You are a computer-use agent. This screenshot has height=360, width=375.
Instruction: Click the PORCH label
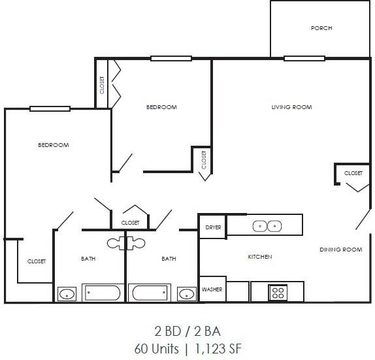tap(321, 28)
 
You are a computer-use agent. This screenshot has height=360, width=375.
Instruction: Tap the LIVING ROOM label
tap(292, 107)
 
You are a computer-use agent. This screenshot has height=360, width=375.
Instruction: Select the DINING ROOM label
tap(340, 250)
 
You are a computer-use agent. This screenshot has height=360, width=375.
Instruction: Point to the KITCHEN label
tap(259, 257)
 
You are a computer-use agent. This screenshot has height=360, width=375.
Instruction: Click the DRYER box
tap(213, 227)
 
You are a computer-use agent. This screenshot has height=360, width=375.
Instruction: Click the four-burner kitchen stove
tap(277, 292)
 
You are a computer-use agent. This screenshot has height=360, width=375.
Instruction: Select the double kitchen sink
tap(267, 226)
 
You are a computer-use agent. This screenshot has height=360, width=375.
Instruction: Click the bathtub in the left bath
tap(101, 292)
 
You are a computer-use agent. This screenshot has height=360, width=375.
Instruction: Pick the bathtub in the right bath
tap(150, 292)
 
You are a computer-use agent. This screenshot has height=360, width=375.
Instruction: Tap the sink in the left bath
tap(67, 294)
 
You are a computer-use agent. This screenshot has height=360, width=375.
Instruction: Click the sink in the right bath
tap(187, 293)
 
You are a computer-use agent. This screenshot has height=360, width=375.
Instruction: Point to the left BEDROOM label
tap(53, 145)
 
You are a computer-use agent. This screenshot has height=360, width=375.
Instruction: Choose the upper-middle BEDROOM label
tap(161, 107)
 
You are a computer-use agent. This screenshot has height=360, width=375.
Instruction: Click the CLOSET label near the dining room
tap(353, 173)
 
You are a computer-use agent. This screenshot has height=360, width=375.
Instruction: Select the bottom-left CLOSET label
tap(37, 261)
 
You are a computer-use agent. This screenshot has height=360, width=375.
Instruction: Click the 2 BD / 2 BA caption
tap(187, 331)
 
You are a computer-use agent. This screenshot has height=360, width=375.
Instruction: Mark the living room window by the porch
tap(304, 58)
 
